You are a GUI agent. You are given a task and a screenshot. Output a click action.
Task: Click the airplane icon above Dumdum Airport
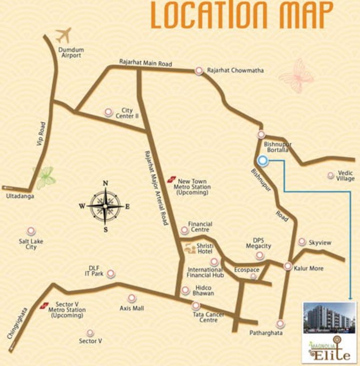pos(63,35)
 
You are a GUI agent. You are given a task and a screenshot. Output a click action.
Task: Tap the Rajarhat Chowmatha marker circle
pos(199,71)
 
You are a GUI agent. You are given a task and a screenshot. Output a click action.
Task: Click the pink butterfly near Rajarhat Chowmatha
pos(296,75)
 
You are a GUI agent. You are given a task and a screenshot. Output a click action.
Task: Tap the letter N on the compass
pos(106,183)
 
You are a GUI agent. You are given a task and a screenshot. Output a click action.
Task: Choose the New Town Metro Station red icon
pos(172,179)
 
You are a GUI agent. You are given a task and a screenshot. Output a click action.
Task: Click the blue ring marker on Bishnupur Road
pos(262,161)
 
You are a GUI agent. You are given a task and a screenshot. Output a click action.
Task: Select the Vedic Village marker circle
pos(330,175)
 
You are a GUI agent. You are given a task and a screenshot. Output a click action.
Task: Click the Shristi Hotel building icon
pos(189,248)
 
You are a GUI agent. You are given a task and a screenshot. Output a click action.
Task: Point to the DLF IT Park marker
pos(110,274)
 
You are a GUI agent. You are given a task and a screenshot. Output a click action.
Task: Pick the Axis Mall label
pos(131,308)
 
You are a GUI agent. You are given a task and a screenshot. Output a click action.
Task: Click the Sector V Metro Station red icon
pos(44,305)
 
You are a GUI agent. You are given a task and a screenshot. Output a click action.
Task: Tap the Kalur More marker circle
pos(288,266)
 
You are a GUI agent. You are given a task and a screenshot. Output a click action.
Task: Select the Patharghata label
pos(266,333)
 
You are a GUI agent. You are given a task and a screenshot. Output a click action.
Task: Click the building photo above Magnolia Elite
pos(329,317)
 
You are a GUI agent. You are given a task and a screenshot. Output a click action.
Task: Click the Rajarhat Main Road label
pos(145,63)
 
